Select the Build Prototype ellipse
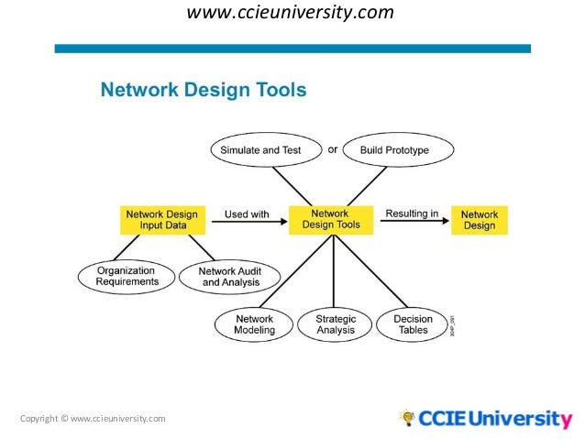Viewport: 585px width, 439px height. [x=393, y=149]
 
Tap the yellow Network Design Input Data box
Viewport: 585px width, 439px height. [x=160, y=220]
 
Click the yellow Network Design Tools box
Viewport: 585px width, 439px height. [x=331, y=219]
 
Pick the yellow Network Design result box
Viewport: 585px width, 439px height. [x=479, y=220]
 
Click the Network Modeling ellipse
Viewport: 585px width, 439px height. [x=254, y=324]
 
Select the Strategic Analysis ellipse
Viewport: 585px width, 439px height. [x=336, y=324]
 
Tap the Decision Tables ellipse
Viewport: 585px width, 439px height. [x=413, y=324]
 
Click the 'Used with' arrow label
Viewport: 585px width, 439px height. [x=247, y=214]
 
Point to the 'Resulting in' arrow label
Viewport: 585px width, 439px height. [x=412, y=214]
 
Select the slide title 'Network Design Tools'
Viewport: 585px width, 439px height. [x=203, y=90]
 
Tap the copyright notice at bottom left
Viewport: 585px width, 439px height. [x=93, y=419]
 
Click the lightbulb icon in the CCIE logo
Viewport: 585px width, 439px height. [x=407, y=418]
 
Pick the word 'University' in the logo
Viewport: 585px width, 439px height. [x=521, y=420]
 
